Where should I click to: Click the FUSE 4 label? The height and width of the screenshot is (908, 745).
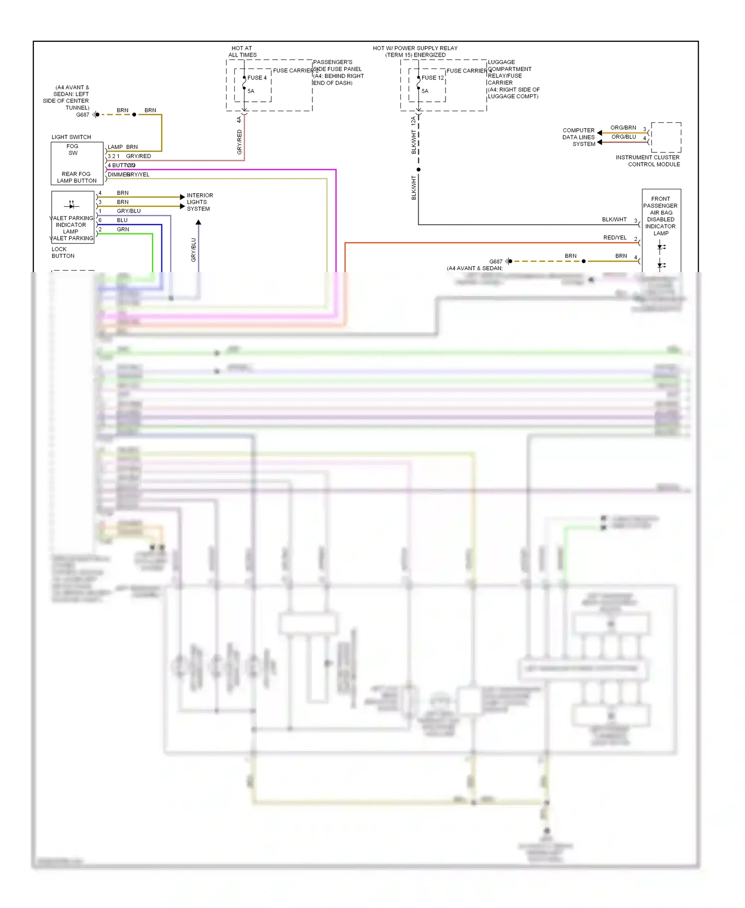pos(257,78)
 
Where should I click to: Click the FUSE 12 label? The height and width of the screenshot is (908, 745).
pos(433,78)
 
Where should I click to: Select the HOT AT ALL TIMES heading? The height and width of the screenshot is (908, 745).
pos(242,52)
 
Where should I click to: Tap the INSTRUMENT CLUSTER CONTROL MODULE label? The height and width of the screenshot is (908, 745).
pos(648,161)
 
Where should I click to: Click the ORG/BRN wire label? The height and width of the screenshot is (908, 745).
pos(623,128)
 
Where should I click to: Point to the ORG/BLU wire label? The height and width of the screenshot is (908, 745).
pos(623,137)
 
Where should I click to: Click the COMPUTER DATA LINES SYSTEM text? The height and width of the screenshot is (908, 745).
pos(579,137)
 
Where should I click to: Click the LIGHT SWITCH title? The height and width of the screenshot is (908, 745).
pos(71,137)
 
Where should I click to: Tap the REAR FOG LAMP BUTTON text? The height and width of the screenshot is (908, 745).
pos(76,177)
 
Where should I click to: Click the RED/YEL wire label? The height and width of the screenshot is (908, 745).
pos(615,238)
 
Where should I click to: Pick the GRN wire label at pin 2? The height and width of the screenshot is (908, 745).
pos(123,229)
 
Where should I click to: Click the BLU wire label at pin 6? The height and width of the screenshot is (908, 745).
pos(122,220)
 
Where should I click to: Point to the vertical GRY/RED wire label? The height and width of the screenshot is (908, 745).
pos(239,142)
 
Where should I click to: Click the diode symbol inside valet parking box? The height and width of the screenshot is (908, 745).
pos(72,205)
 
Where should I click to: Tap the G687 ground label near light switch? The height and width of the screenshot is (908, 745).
pos(82,115)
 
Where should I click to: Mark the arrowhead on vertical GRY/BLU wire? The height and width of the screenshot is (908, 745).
pos(198,223)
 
